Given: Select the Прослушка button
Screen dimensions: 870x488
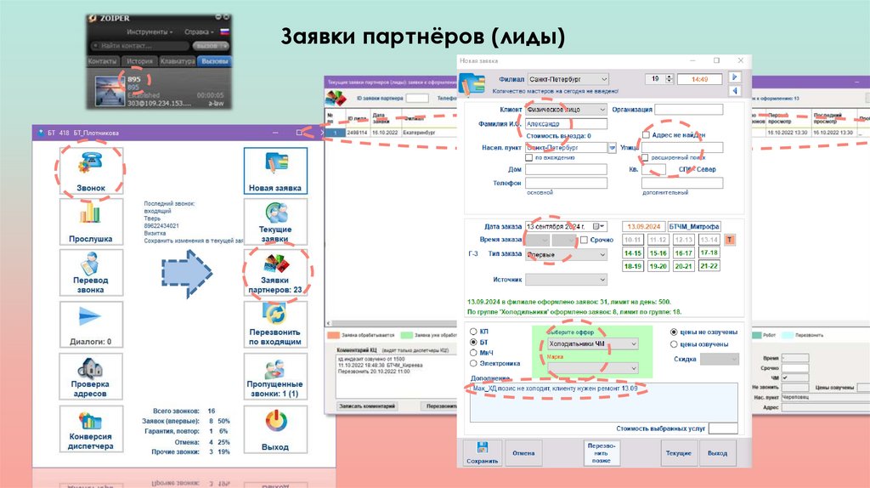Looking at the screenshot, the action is (x=90, y=223).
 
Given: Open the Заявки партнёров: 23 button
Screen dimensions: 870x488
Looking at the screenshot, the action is (x=274, y=274).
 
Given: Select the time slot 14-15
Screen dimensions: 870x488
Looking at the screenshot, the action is (x=633, y=253).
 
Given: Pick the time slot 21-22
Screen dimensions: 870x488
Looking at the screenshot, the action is (x=709, y=266).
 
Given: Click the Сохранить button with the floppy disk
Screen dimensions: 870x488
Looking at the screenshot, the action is (x=482, y=452).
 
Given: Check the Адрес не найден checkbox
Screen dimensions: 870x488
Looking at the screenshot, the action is (x=647, y=134).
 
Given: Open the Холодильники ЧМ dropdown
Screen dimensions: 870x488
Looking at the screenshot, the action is (x=592, y=343).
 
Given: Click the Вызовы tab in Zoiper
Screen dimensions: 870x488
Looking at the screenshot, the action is (x=215, y=61).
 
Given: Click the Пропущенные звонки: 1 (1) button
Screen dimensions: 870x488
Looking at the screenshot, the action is (x=274, y=378).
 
